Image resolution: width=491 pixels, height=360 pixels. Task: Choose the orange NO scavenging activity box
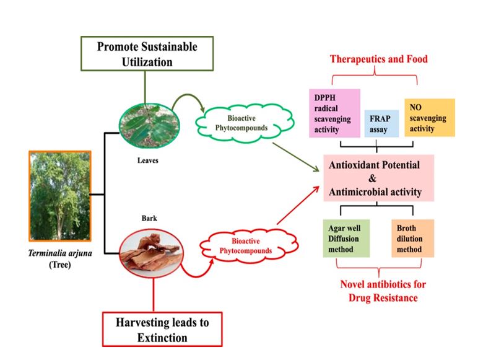pyautogui.click(x=428, y=117)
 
